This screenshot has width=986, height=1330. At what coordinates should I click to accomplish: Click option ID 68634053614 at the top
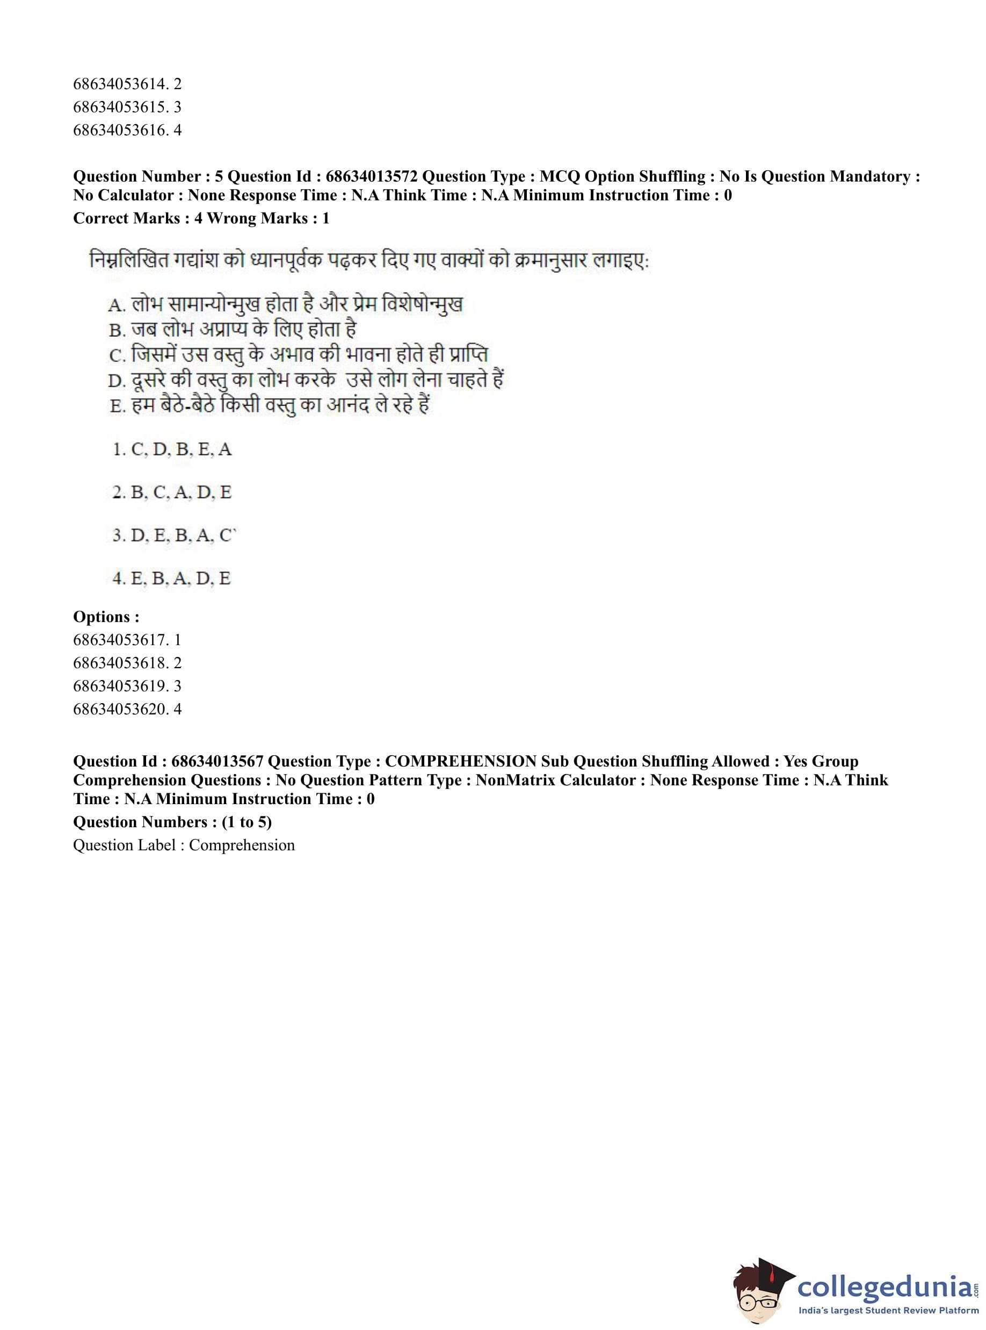119,84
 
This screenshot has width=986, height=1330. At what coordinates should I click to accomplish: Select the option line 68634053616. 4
127,130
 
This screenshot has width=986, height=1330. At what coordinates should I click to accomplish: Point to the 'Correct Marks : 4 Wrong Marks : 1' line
201,219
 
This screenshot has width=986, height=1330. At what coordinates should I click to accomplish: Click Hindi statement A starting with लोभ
285,305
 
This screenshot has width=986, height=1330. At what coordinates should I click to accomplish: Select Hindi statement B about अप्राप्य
233,329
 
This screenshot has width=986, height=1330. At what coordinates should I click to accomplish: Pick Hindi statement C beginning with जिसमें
299,355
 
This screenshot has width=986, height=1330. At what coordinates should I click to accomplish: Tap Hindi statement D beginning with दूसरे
306,380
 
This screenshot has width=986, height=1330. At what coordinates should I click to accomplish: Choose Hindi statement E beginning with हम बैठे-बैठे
270,406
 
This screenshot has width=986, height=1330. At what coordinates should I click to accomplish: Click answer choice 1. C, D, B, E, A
172,450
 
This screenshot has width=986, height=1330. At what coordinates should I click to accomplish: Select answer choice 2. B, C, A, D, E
172,493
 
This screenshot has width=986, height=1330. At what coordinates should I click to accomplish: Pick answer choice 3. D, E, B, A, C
173,536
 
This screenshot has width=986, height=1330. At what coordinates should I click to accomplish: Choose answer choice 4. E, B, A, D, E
171,579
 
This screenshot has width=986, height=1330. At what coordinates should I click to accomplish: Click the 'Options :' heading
106,617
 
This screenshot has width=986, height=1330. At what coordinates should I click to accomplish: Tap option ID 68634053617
119,640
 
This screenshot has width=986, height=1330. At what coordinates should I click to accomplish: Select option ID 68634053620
119,709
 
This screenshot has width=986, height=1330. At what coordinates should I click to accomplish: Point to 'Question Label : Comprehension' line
184,845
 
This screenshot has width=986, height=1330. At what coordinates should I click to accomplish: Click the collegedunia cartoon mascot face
759,1289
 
